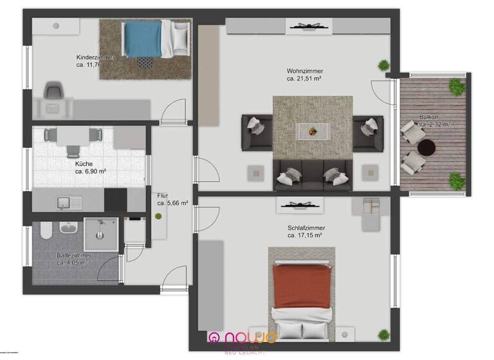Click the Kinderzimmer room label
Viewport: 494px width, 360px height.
[95, 57]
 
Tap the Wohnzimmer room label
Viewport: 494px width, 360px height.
[305, 71]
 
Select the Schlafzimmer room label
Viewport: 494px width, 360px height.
[306, 228]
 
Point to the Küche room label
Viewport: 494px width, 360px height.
[84, 164]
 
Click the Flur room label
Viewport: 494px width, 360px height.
[163, 195]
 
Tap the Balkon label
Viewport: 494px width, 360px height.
[429, 117]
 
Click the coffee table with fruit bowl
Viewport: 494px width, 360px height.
[313, 132]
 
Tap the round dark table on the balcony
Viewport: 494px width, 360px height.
[426, 148]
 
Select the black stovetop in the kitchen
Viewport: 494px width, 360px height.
[116, 200]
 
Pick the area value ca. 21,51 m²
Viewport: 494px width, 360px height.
[304, 78]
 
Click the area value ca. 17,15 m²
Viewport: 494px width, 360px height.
[305, 235]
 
